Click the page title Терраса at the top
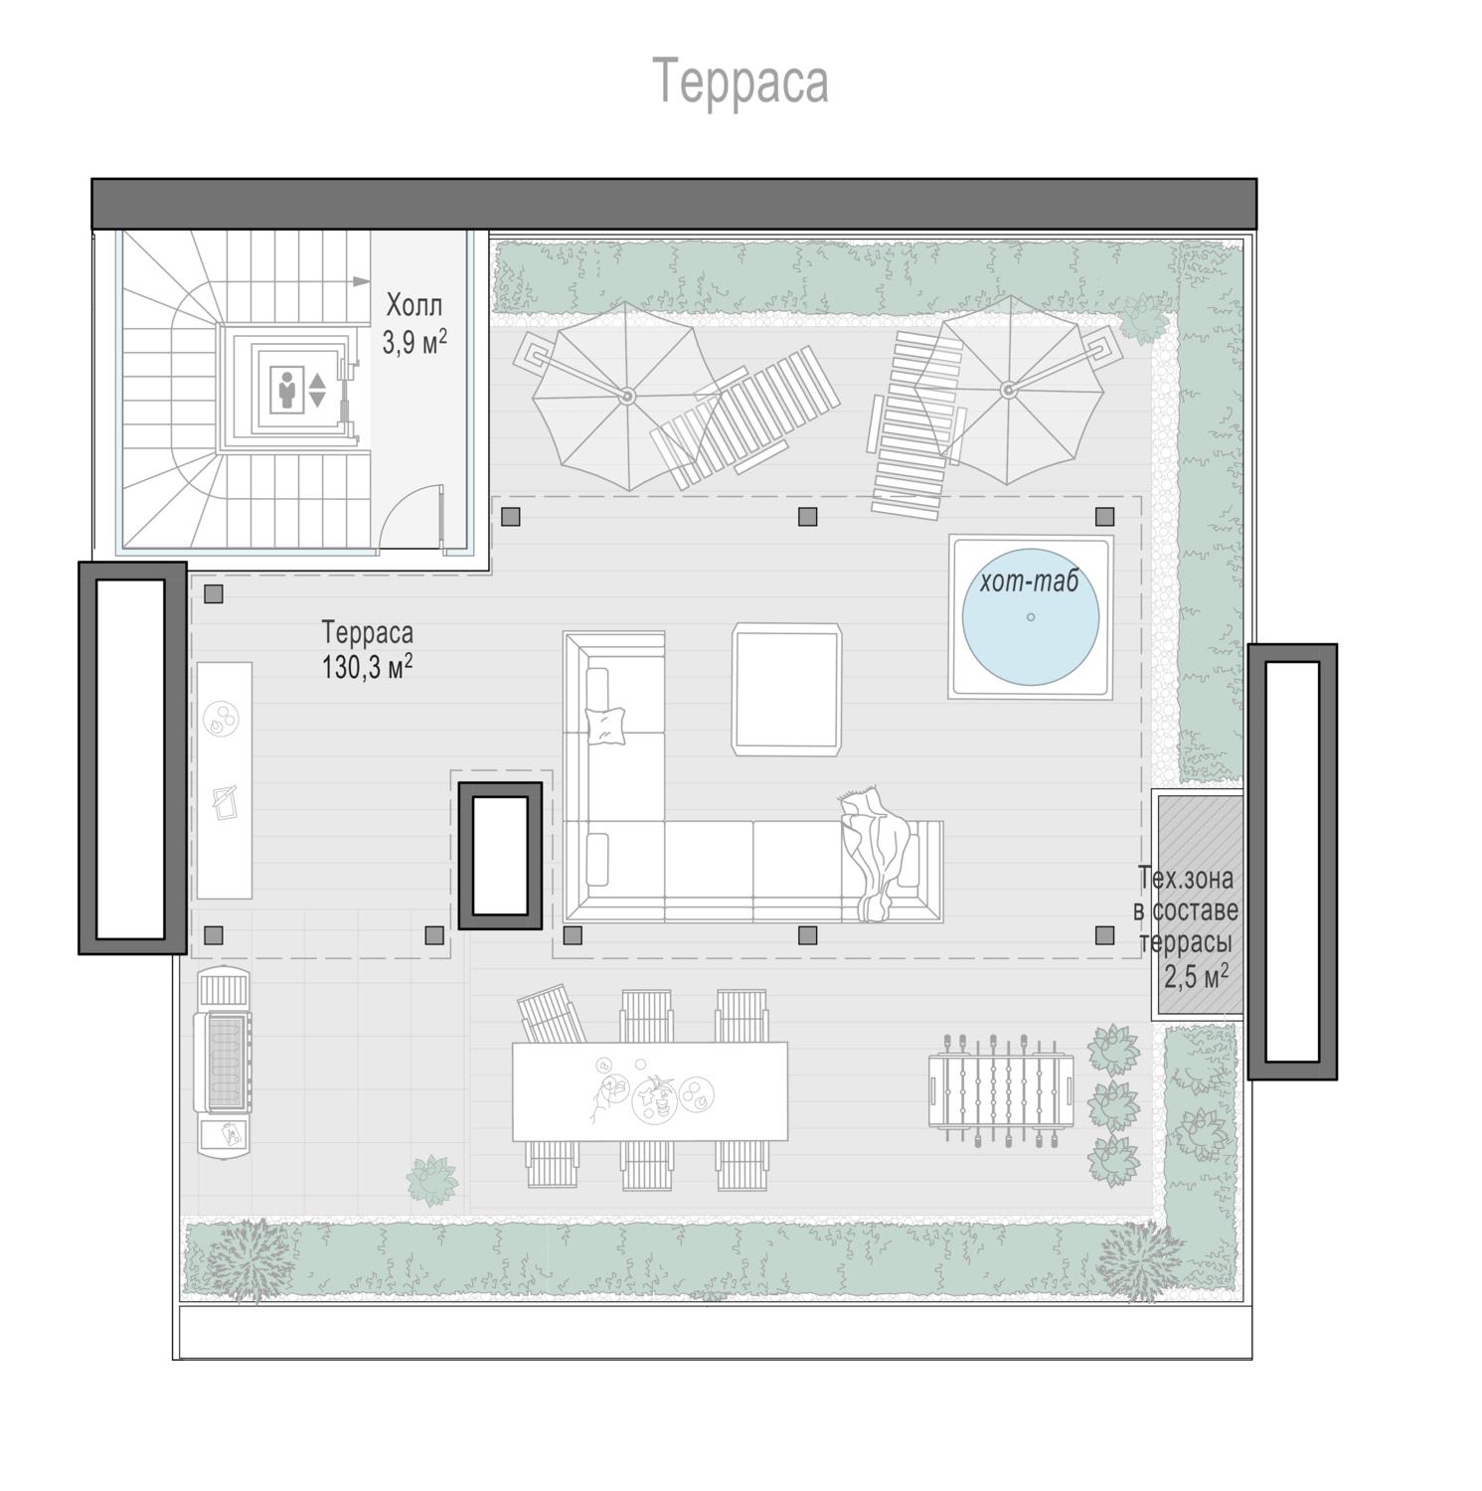(741, 81)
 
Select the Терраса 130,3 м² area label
(367, 649)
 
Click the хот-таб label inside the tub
(1029, 581)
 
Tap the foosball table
(1001, 1090)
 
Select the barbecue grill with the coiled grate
(225, 1060)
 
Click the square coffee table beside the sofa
(787, 688)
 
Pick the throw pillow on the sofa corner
(607, 724)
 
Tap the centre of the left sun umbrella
(627, 396)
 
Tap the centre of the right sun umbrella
(1008, 389)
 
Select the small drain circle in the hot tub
(1031, 617)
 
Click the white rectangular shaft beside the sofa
(500, 856)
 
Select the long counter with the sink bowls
(225, 780)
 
